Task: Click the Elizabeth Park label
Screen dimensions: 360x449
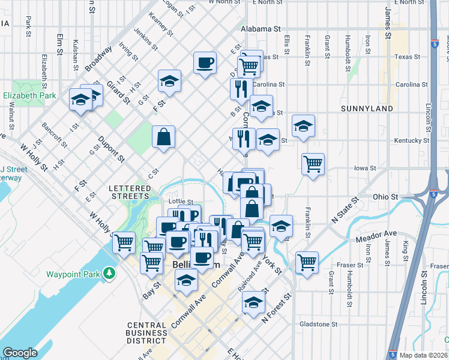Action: tap(29, 95)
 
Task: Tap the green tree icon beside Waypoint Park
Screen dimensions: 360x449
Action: tap(109, 274)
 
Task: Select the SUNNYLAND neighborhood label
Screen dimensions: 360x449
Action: tap(366, 109)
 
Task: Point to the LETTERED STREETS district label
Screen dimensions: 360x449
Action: tap(129, 192)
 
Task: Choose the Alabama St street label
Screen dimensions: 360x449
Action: tap(261, 28)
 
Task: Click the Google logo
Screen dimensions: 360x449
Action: tap(20, 352)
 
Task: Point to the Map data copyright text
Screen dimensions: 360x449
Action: tap(423, 355)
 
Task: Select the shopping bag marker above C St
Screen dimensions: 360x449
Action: tap(163, 137)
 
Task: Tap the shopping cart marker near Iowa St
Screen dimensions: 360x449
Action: tap(313, 164)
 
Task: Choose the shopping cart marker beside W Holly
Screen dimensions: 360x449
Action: tap(124, 242)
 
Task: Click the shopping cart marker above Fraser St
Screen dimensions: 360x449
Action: tap(307, 262)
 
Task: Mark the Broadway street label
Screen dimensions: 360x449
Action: tap(99, 59)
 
